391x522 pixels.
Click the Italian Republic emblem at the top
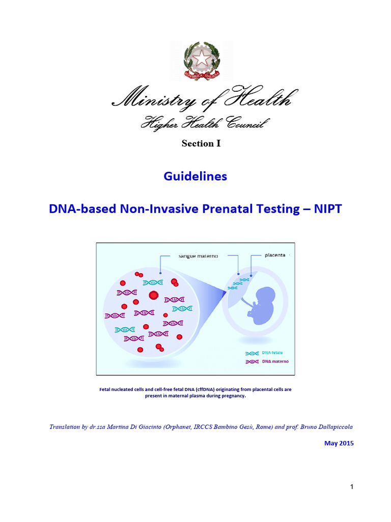coord(201,61)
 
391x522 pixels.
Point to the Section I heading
coord(201,143)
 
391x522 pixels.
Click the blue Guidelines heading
coord(195,176)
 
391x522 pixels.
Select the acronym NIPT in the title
coord(326,208)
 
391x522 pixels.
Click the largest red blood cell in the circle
coord(153,295)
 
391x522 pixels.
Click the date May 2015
coord(339,443)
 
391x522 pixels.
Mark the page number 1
coord(351,487)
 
